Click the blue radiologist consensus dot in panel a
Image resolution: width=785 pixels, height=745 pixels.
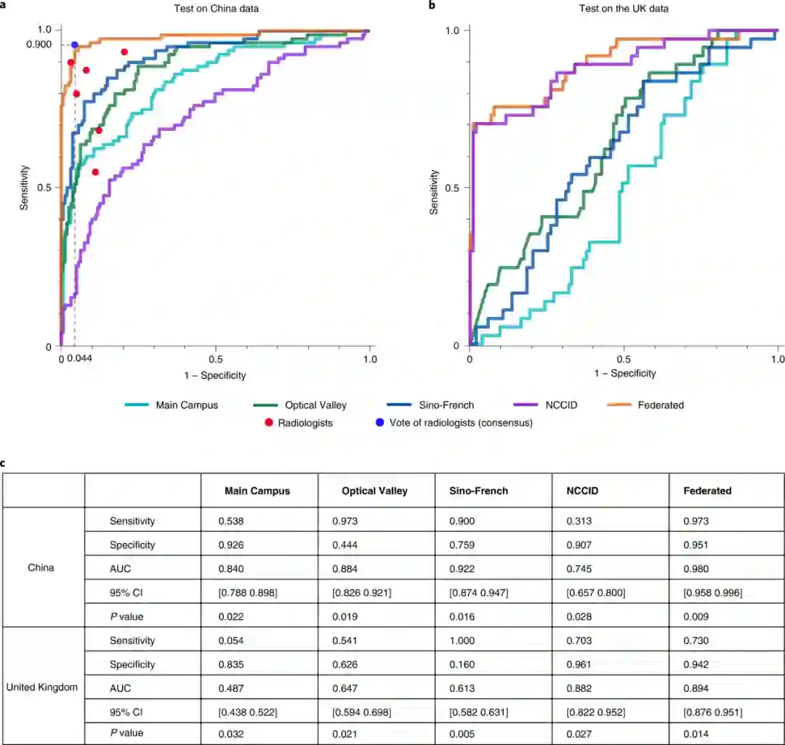pos(74,45)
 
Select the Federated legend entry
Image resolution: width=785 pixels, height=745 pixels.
pos(660,405)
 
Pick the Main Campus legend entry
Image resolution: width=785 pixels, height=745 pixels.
pos(186,405)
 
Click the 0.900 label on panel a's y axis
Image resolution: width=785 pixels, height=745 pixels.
pos(39,45)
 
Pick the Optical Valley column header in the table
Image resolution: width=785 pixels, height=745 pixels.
pos(374,491)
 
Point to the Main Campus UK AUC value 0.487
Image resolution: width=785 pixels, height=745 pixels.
pos(233,688)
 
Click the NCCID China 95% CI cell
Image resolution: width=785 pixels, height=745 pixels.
pos(595,592)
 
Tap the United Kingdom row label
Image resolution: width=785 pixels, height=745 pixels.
pos(42,688)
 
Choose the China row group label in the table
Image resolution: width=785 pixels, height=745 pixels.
pos(42,569)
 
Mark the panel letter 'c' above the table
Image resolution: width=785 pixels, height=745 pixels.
pos(4,462)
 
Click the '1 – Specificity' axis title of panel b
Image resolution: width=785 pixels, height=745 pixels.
pos(624,374)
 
